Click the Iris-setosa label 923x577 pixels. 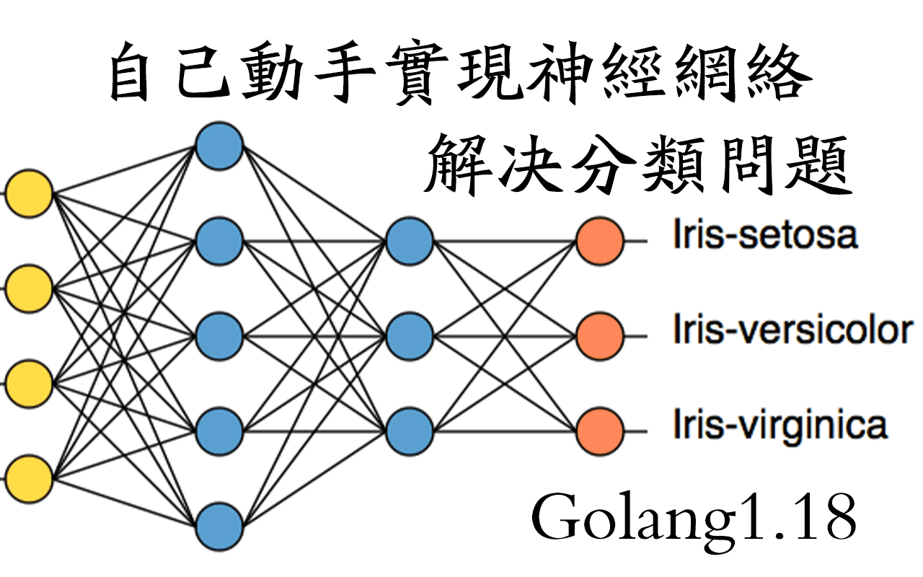(765, 237)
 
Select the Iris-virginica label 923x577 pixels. (780, 426)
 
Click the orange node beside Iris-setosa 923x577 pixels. (599, 241)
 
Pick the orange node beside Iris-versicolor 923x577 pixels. (599, 335)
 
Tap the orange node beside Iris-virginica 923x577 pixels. (599, 431)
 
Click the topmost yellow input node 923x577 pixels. (29, 194)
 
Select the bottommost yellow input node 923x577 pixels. (29, 478)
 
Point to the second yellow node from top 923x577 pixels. (29, 288)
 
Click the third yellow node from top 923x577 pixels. (29, 383)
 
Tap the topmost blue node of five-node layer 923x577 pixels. (219, 146)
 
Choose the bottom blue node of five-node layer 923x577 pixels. (219, 526)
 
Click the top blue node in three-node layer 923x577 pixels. (409, 241)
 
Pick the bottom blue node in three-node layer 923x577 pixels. (409, 431)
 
